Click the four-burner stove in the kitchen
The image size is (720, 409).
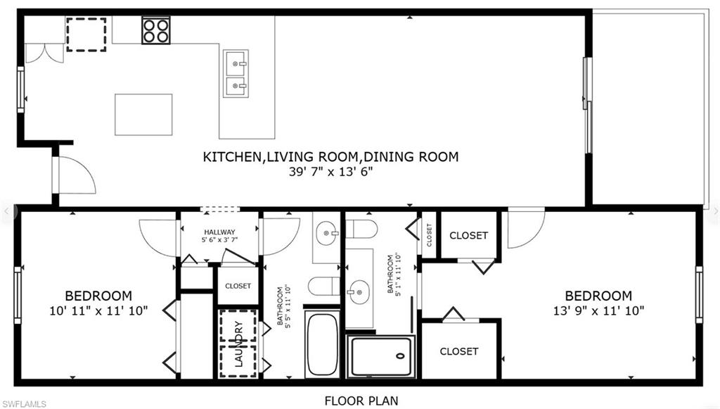click(155, 30)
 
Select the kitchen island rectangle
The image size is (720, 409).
click(143, 114)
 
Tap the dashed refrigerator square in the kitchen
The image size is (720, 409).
click(86, 34)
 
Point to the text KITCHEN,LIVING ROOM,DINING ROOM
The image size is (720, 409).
click(330, 157)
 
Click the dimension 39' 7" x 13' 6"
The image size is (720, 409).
click(330, 172)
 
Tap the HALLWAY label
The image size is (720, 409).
click(219, 232)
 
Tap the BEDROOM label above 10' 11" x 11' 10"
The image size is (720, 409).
click(98, 296)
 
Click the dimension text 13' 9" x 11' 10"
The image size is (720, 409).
click(598, 310)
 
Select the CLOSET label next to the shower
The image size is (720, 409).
click(459, 351)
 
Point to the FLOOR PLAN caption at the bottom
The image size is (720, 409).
click(361, 401)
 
